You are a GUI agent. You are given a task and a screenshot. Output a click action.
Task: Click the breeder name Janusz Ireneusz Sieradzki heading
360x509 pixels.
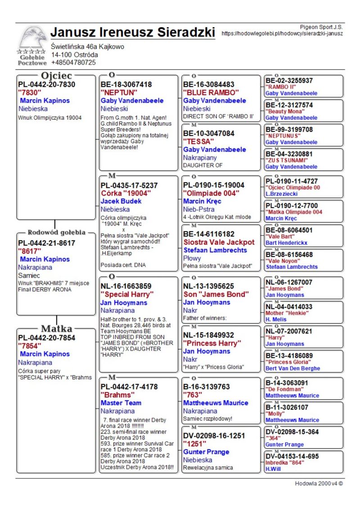(133, 32)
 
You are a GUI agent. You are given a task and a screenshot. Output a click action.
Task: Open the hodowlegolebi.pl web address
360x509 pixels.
(282, 33)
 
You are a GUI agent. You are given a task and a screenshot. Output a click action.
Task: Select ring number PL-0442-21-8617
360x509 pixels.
(47, 243)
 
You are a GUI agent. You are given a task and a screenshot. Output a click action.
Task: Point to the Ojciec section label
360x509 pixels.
(56, 76)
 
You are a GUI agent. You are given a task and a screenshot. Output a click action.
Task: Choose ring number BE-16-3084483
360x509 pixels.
(209, 84)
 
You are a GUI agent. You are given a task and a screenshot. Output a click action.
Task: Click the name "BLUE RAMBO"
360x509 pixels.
(211, 92)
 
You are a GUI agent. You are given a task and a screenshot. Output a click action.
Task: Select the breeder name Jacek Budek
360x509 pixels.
(121, 201)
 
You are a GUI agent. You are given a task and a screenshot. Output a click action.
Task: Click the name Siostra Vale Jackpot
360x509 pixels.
(219, 242)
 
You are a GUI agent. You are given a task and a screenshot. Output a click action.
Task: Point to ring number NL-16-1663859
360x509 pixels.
(126, 286)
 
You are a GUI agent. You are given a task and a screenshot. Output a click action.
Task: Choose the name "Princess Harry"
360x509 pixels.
(212, 343)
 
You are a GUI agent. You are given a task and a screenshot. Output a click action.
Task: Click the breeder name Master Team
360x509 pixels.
(121, 403)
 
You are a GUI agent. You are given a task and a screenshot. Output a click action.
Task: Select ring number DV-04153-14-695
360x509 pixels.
(292, 456)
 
